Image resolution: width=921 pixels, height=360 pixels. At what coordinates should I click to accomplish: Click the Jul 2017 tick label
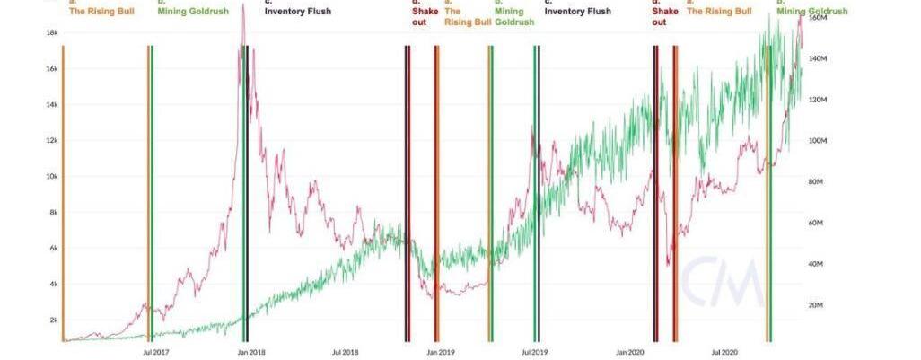156,352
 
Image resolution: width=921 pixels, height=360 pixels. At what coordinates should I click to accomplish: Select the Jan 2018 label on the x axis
250,352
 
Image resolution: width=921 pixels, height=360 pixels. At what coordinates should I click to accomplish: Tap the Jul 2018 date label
345,352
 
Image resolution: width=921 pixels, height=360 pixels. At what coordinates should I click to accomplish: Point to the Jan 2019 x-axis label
440,352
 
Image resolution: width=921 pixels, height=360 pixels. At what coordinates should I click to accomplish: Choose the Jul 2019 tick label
534,352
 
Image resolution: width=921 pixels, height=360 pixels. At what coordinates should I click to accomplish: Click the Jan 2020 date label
630,352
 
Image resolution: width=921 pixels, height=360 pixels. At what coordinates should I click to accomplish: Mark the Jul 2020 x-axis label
724,352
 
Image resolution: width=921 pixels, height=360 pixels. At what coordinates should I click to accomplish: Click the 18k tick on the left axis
51,32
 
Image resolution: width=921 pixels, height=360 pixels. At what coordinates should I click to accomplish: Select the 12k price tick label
51,141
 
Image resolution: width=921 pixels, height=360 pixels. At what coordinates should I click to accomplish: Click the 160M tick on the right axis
818,18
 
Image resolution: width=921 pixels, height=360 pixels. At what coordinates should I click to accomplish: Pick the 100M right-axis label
818,141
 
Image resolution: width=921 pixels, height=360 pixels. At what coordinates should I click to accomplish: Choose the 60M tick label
816,224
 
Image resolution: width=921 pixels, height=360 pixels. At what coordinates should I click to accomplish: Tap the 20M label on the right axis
816,306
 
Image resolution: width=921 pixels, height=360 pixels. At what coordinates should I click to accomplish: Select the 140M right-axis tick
818,59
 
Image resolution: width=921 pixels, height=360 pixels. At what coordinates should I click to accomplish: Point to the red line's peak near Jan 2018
243,20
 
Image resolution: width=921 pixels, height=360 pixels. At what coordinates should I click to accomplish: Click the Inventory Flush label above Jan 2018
298,12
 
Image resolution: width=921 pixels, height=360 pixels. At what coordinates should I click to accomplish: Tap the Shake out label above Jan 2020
659,17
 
